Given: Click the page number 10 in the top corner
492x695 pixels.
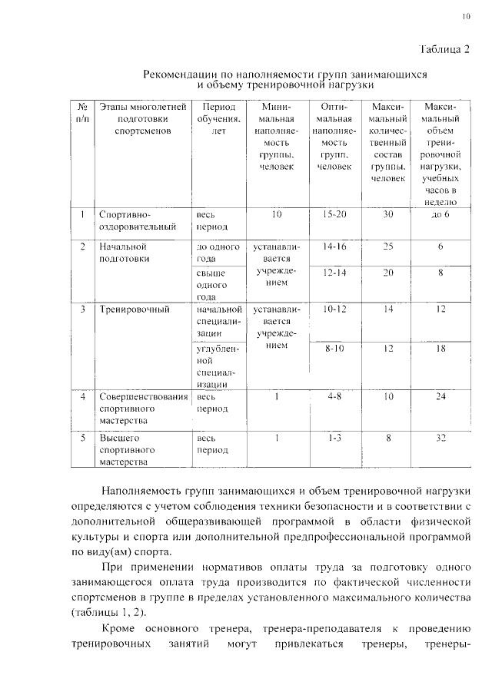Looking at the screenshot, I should (x=466, y=16).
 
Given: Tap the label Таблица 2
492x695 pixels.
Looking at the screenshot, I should (x=444, y=50).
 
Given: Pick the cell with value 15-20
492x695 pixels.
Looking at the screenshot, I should (x=334, y=214).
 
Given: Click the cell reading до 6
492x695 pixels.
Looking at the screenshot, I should (x=440, y=214).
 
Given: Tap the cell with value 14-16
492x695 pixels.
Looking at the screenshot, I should (x=334, y=247).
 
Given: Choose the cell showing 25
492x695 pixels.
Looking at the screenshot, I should (x=388, y=247).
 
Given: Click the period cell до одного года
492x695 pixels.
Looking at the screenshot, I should (x=215, y=253).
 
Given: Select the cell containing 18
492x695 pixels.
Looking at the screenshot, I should (x=440, y=349).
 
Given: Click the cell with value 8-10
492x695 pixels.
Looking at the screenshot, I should (x=334, y=349).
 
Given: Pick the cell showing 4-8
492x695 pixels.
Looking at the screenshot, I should (x=334, y=397).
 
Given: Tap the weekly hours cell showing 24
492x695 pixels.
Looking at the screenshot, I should (x=440, y=397).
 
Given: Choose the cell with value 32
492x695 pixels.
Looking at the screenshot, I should (x=440, y=438).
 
